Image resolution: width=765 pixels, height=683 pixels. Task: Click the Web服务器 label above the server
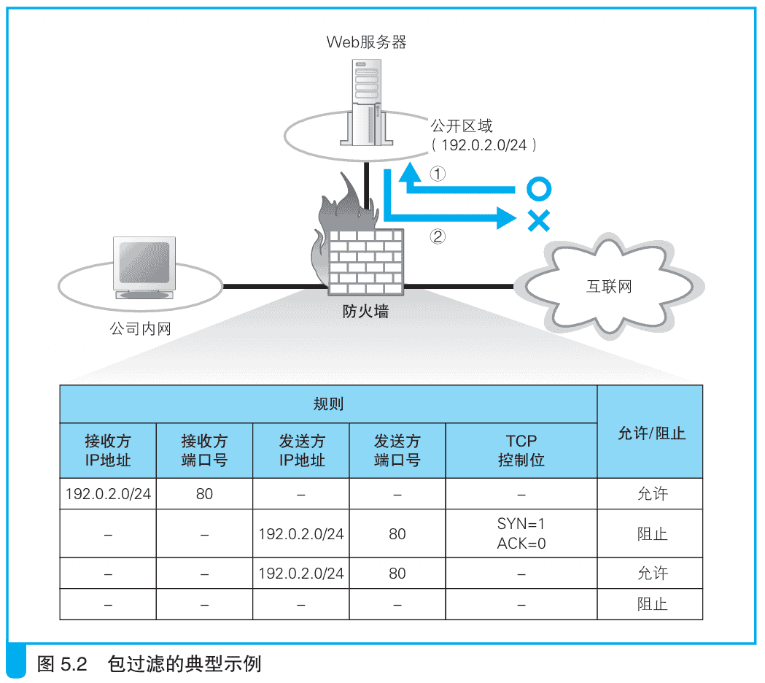(x=366, y=42)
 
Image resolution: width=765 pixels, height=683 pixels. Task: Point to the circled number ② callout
(x=437, y=236)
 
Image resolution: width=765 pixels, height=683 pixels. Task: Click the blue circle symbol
(x=538, y=189)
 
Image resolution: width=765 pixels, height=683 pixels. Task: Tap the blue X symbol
(x=538, y=220)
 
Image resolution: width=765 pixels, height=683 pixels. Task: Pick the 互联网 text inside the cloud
(x=609, y=287)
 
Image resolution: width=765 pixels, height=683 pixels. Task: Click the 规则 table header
(x=328, y=404)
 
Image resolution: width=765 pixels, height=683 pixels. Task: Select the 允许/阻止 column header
(x=651, y=432)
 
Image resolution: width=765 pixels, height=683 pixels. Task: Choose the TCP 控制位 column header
(x=521, y=450)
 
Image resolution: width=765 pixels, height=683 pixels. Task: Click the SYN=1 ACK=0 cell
(x=521, y=533)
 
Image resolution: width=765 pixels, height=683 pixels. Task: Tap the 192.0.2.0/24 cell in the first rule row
(x=108, y=494)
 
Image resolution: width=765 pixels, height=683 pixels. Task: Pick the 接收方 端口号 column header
(x=204, y=450)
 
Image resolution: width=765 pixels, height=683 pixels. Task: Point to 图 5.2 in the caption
(x=62, y=664)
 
